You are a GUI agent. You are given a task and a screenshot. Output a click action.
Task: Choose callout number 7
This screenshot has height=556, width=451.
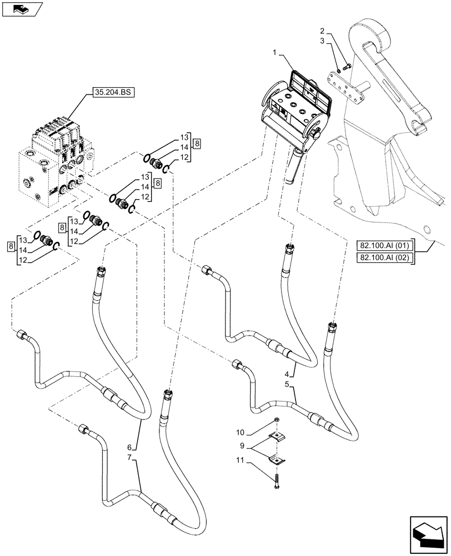click(129, 458)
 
